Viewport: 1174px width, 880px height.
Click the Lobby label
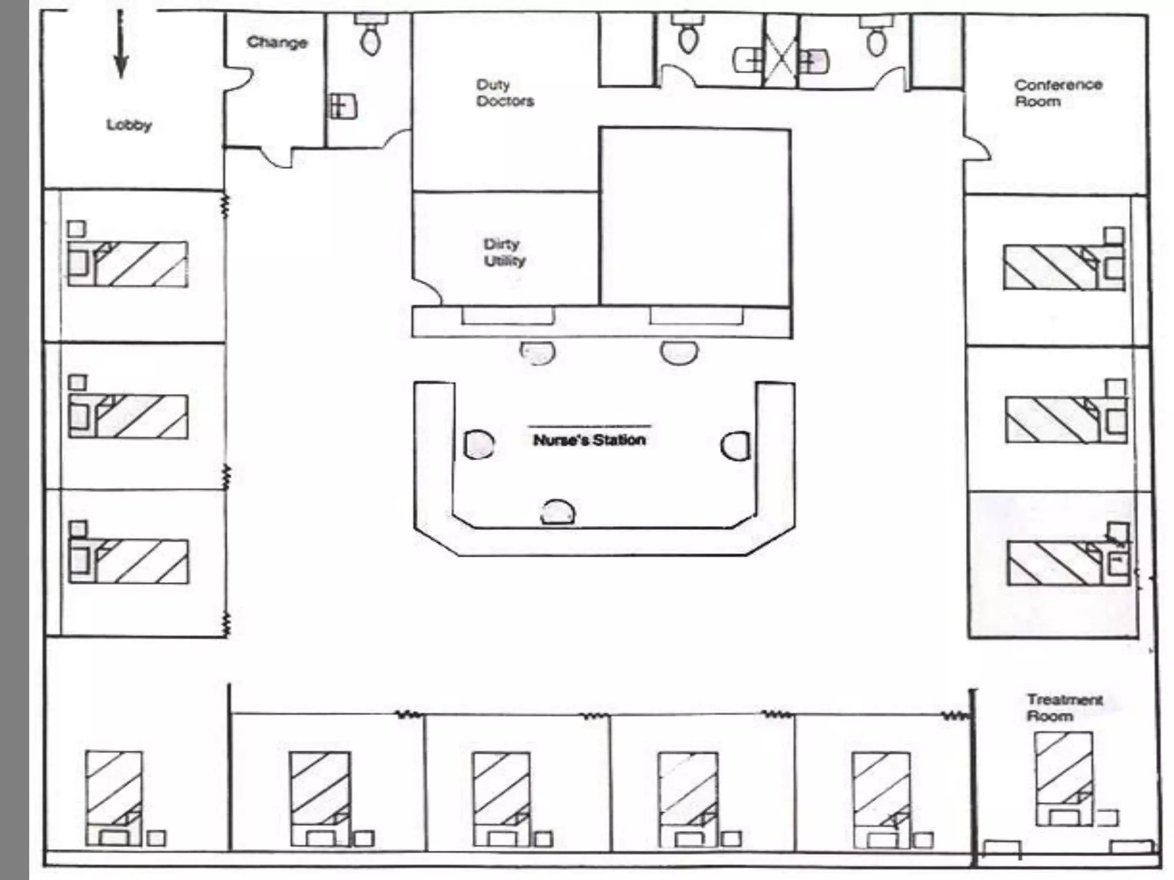[x=130, y=125]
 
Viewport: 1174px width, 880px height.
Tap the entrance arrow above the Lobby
[x=120, y=45]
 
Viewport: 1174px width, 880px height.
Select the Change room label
[x=277, y=42]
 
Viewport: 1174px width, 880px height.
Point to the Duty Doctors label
[x=505, y=93]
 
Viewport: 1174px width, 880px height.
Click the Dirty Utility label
[x=504, y=252]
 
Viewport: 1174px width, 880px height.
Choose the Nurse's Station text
[x=589, y=440]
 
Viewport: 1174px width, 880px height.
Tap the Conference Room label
[x=1058, y=93]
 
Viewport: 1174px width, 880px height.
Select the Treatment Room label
[x=1065, y=708]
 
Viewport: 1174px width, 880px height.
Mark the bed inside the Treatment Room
[x=1064, y=779]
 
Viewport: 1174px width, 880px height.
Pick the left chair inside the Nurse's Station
[x=478, y=445]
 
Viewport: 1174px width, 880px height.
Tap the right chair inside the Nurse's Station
[x=735, y=446]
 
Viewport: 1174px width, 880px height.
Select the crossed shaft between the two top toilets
[x=781, y=52]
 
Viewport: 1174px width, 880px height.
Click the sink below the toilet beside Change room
[x=342, y=107]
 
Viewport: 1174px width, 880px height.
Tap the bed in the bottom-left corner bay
[x=114, y=798]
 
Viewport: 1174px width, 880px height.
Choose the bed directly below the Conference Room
[x=1063, y=268]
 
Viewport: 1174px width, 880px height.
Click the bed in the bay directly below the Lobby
[x=128, y=264]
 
